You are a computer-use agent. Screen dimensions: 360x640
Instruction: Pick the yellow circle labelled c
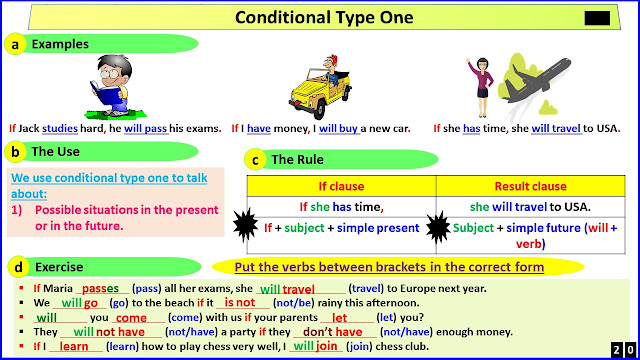(x=256, y=160)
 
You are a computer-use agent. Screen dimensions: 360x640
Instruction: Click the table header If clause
(x=340, y=186)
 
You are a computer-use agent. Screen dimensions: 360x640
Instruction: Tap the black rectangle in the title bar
(x=596, y=18)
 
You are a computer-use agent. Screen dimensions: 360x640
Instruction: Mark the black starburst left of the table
(x=242, y=220)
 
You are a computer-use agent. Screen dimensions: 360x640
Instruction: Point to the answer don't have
(x=332, y=332)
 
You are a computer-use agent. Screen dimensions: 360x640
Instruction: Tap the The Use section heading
(x=57, y=152)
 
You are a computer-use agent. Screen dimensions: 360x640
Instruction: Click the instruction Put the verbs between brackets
(x=390, y=267)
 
